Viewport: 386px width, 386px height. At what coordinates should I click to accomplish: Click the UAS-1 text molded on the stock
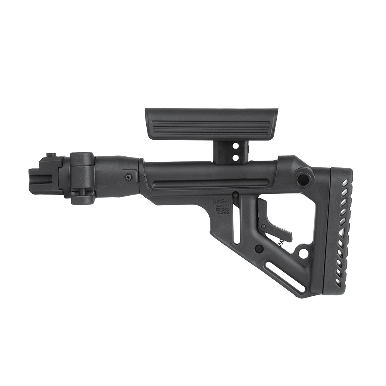click(x=222, y=201)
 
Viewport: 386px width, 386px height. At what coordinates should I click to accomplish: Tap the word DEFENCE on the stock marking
click(x=222, y=209)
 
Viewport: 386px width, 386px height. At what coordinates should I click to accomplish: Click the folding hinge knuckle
click(x=82, y=178)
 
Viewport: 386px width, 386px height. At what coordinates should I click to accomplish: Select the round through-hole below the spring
click(x=303, y=254)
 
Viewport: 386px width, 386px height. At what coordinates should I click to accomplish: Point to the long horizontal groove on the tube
click(x=201, y=183)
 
